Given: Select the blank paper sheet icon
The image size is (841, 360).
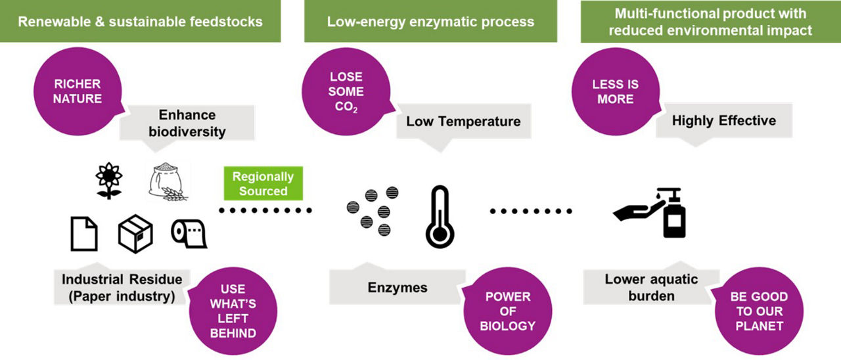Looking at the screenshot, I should coord(83,233).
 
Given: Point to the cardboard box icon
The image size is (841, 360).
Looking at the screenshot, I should coord(135,234).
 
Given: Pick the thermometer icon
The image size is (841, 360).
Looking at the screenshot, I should coord(440,217).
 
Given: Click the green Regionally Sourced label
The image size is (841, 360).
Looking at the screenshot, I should coord(263,184).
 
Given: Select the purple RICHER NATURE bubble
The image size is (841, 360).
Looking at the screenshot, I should coord(78,92).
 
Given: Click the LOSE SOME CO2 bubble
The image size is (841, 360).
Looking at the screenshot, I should coord(346,92).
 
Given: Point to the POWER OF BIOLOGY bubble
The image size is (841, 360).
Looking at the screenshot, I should coord(507,311).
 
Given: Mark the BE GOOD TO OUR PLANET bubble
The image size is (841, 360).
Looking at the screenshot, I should coord(758,311).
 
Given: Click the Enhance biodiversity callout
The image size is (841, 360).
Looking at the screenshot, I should coord(187,122).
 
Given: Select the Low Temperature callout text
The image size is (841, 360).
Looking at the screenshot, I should coord(463,121).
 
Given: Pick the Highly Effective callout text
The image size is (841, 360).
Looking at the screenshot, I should coord(723,120).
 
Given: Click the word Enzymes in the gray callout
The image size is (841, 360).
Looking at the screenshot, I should coord(397,287).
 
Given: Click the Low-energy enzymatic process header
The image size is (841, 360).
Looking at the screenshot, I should coord(430,22).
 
